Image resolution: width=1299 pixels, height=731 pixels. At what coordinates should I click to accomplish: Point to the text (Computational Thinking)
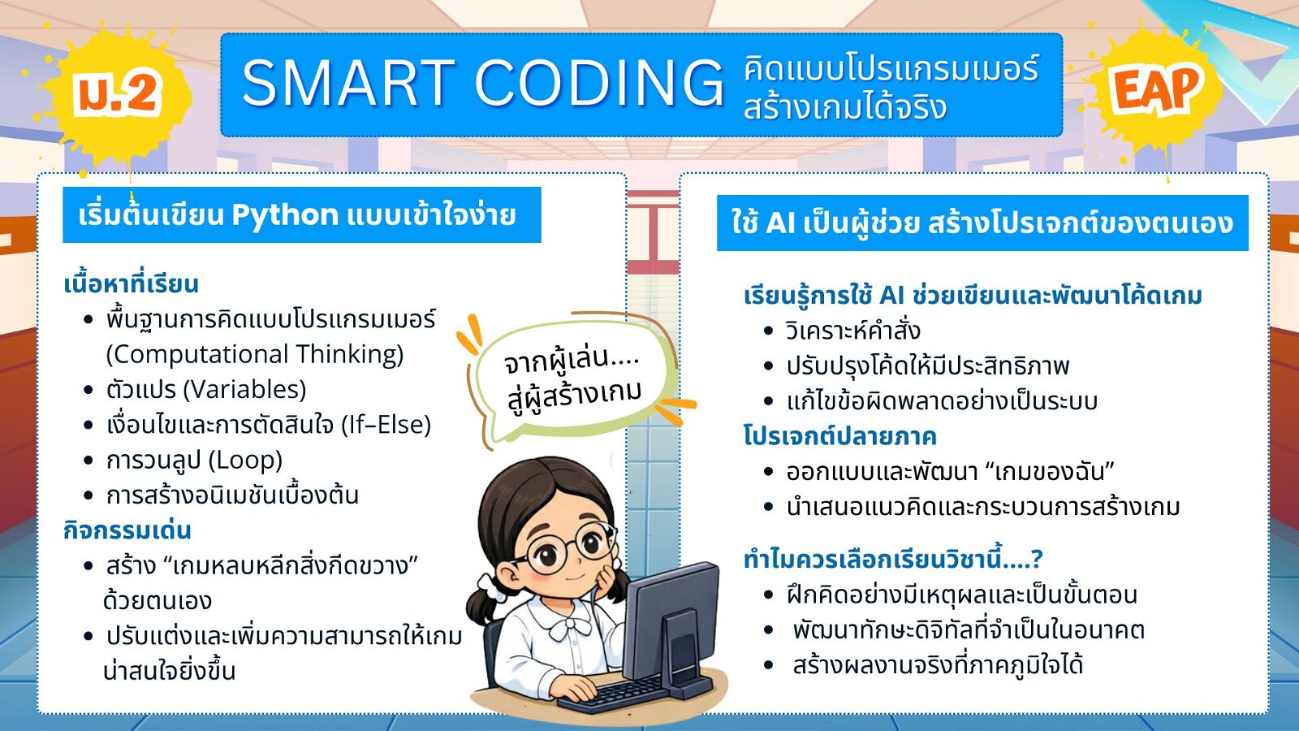tap(255, 354)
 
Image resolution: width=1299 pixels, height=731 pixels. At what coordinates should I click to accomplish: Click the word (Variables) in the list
tap(244, 389)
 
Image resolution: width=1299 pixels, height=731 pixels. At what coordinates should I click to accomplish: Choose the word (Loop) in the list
tap(244, 460)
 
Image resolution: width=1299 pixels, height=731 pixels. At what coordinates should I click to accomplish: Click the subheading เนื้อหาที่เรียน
tap(131, 283)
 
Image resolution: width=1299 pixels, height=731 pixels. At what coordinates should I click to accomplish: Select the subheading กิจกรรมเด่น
tap(127, 530)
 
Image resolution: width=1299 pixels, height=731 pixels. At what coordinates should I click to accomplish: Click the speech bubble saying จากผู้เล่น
tap(574, 381)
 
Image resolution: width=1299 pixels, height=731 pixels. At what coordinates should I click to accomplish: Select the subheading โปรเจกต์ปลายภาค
tap(839, 436)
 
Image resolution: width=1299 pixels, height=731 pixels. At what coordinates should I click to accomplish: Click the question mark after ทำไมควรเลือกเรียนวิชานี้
tap(1037, 560)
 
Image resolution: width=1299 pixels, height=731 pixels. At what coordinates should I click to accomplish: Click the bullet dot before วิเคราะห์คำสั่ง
tap(769, 331)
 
